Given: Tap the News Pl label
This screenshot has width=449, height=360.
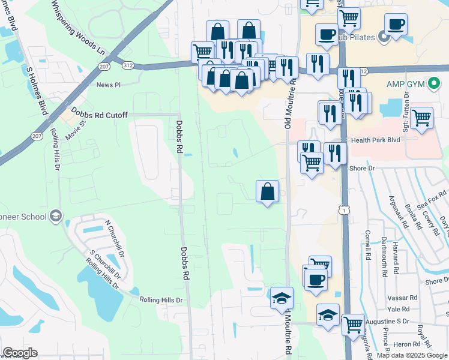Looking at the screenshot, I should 108,85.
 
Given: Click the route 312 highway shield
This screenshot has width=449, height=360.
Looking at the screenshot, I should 127,65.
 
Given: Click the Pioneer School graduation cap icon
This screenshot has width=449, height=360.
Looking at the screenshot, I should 56,215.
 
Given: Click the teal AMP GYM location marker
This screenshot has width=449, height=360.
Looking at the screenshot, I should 433,83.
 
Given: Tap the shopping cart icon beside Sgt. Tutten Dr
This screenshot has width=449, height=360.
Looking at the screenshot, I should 422,118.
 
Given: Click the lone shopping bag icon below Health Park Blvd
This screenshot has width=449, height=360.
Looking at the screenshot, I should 267,192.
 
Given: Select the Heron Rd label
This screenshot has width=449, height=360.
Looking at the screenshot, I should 402,344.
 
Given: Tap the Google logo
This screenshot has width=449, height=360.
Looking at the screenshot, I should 20,353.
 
